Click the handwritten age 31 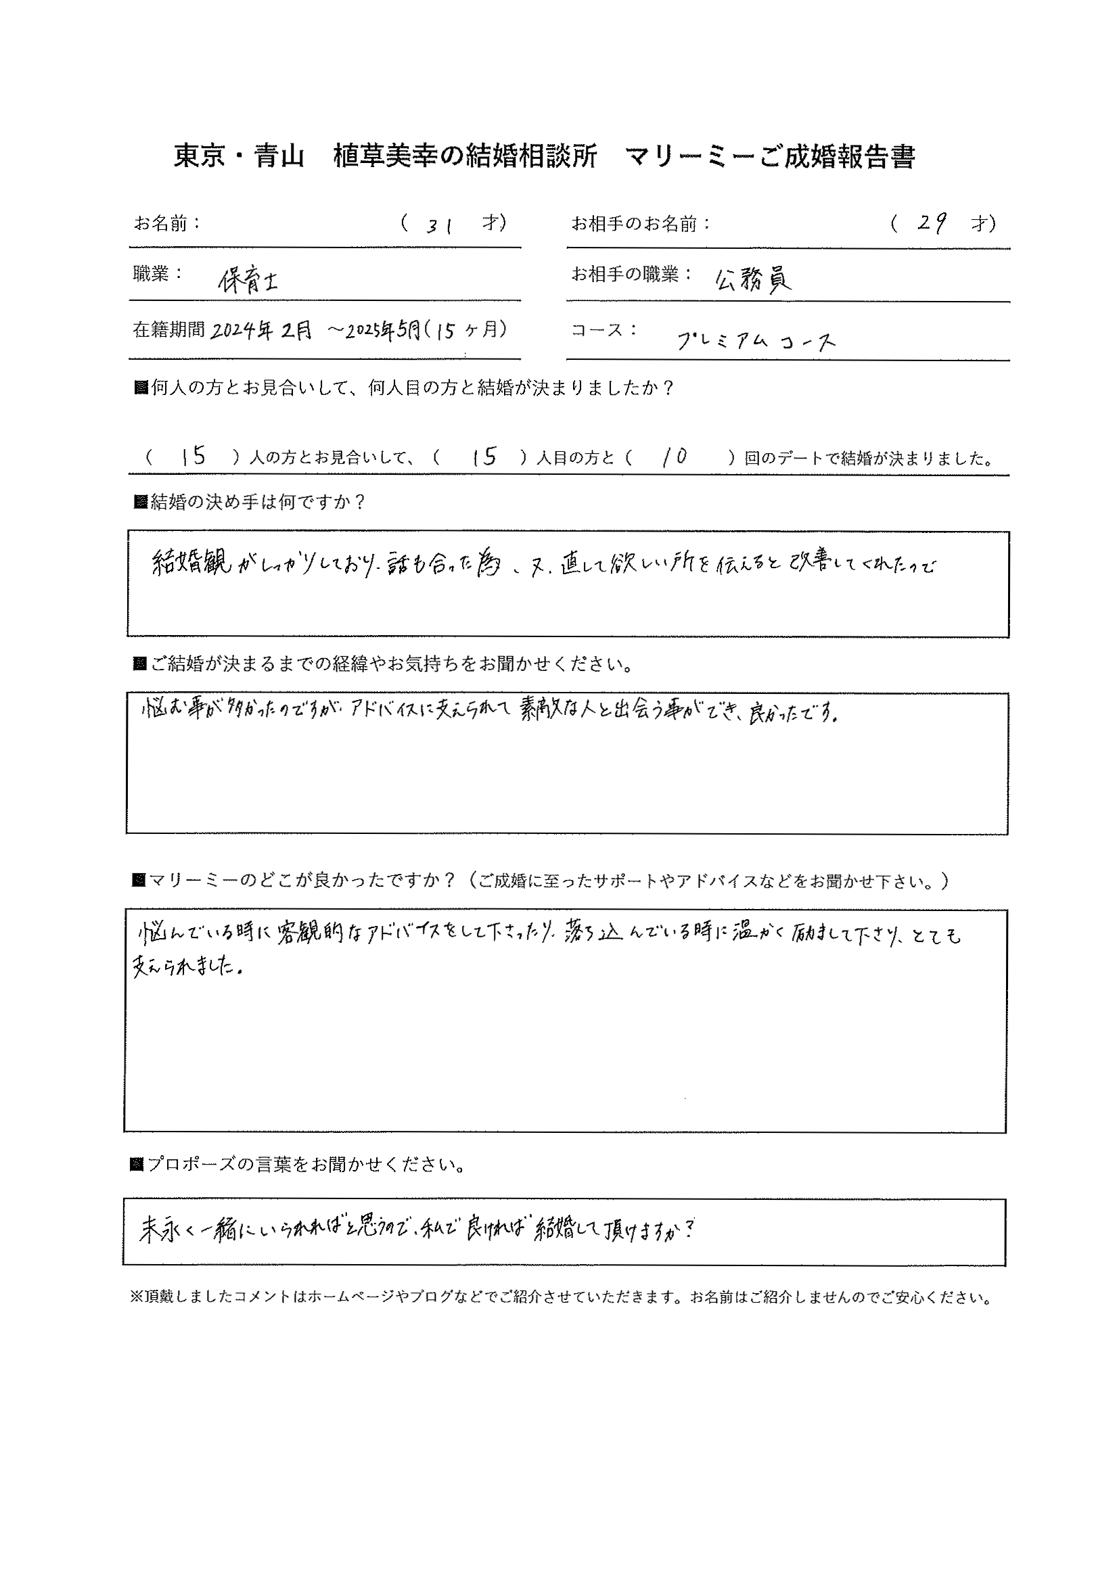[x=438, y=225]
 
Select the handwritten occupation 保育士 [x=248, y=281]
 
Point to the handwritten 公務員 [x=754, y=279]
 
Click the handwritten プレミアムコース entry [x=756, y=340]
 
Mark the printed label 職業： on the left [x=158, y=274]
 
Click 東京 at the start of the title [x=199, y=157]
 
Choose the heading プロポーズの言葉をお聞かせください [x=305, y=1164]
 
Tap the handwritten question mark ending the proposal [x=691, y=1230]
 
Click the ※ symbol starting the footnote [x=135, y=1297]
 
